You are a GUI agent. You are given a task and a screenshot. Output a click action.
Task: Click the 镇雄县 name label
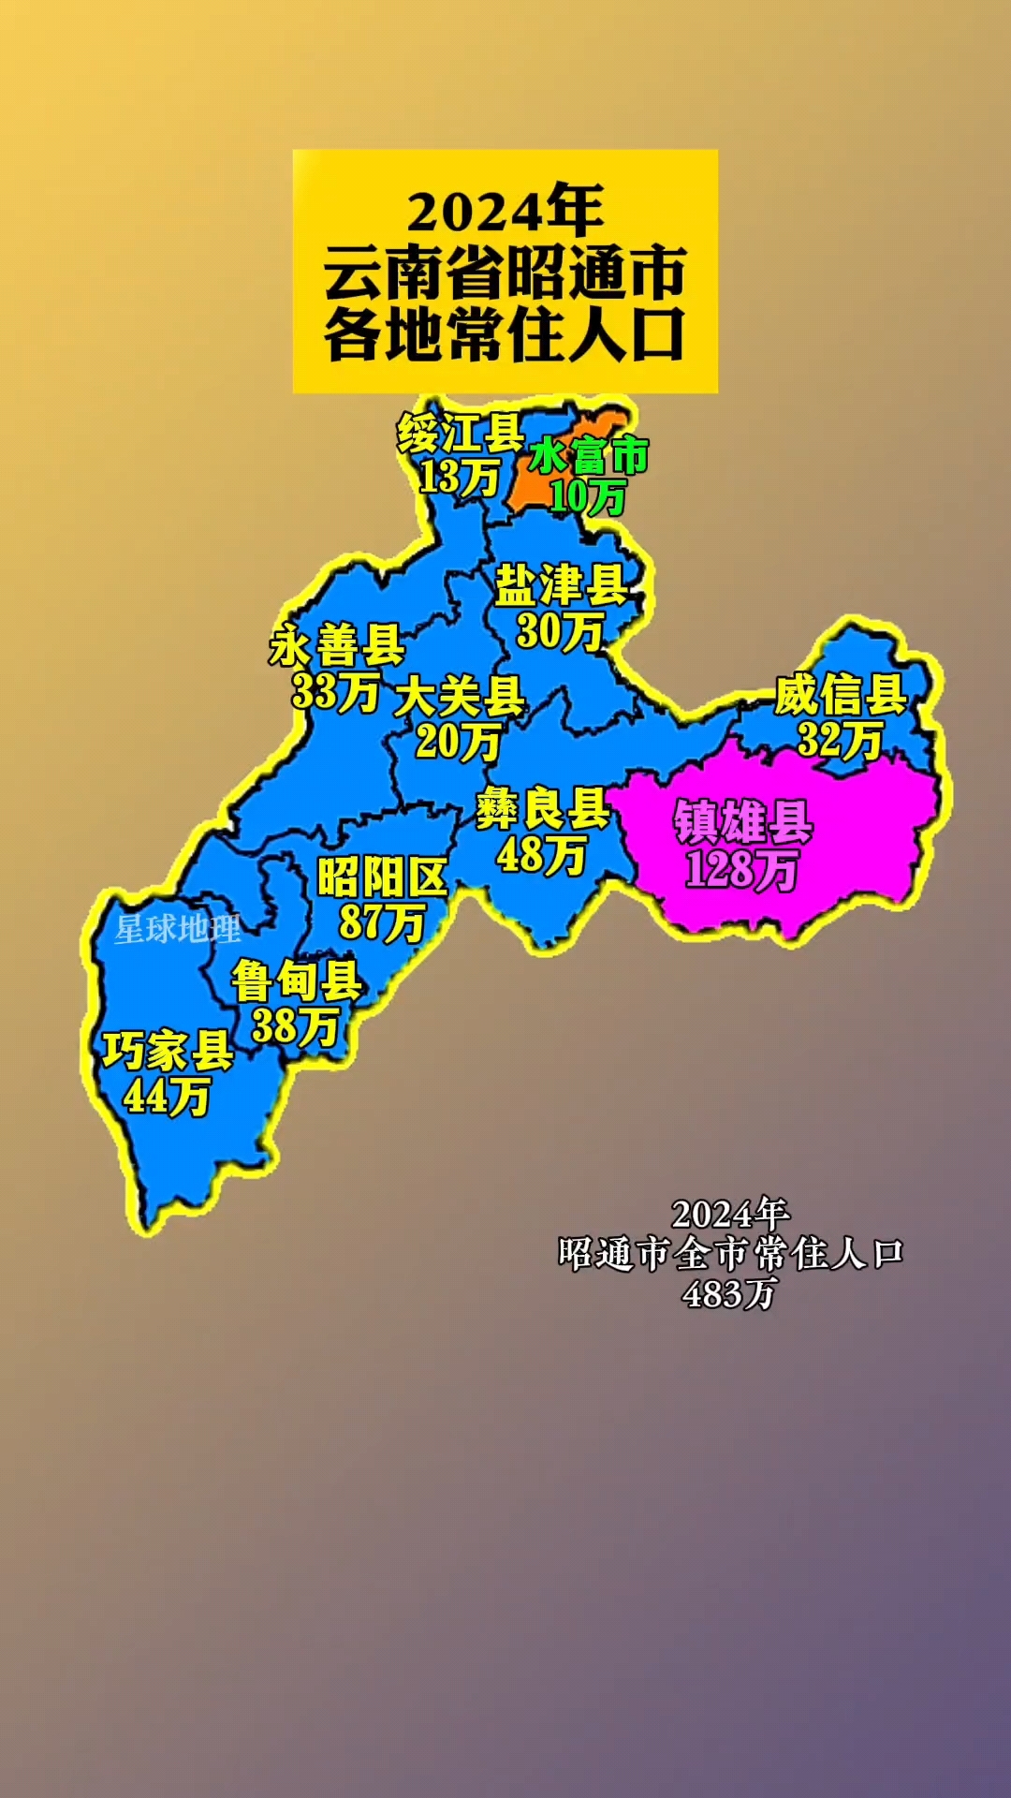pyautogui.click(x=743, y=822)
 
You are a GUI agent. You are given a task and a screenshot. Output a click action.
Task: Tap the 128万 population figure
pyautogui.click(x=741, y=869)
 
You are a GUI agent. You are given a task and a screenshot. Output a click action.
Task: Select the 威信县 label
pyautogui.click(x=840, y=695)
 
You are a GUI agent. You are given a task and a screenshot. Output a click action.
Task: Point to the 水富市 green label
pyautogui.click(x=589, y=456)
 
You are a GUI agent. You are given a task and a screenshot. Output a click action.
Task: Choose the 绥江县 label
pyautogui.click(x=460, y=434)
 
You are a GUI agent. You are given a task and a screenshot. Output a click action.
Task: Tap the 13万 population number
pyautogui.click(x=459, y=478)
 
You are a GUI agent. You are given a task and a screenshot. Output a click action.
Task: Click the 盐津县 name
pyautogui.click(x=561, y=585)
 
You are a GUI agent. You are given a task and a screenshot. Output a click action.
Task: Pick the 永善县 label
pyautogui.click(x=337, y=646)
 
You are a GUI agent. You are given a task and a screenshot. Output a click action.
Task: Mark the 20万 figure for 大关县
pyautogui.click(x=458, y=742)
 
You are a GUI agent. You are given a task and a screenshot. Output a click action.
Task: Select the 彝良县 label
pyautogui.click(x=543, y=808)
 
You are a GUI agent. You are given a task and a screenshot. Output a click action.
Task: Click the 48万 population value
pyautogui.click(x=542, y=854)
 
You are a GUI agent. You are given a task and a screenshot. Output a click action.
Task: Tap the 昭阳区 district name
pyautogui.click(x=382, y=878)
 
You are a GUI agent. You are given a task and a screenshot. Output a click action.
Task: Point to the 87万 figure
pyautogui.click(x=382, y=921)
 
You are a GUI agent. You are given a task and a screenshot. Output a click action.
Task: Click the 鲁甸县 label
pyautogui.click(x=297, y=981)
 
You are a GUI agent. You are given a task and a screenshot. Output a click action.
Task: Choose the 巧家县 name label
pyautogui.click(x=168, y=1051)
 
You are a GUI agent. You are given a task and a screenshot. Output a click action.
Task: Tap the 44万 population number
pyautogui.click(x=167, y=1096)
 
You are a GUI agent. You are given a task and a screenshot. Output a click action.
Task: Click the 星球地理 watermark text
pyautogui.click(x=178, y=929)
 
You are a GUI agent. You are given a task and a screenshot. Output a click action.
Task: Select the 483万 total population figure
pyautogui.click(x=729, y=1294)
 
